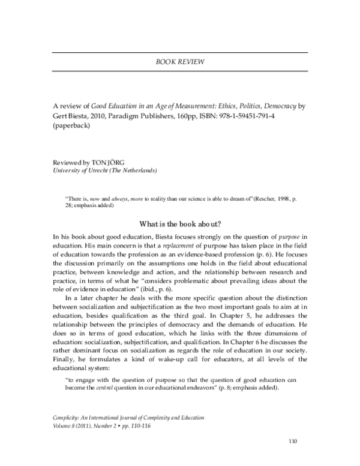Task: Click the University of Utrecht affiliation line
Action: (x=105, y=171)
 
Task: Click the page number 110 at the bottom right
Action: (x=292, y=443)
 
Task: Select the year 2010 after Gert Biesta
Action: (x=95, y=116)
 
